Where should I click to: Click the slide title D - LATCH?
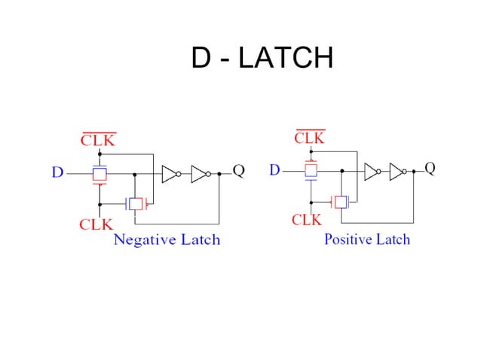pos(262,58)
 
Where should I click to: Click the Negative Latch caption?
pos(167,240)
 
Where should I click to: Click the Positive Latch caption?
pos(367,239)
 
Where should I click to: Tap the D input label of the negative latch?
pos(57,173)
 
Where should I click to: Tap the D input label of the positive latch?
pos(275,170)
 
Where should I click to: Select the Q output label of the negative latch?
pos(238,171)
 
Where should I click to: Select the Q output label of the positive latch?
pos(430,168)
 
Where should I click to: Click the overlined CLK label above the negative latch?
pos(99,140)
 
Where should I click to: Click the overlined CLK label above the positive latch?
pos(309,138)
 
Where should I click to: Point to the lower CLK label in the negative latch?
pos(96,224)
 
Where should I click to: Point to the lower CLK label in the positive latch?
pos(306,220)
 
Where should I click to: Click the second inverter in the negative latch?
pos(201,174)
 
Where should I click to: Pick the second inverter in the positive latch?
pos(398,171)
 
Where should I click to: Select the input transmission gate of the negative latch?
pos(99,174)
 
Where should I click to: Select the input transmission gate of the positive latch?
pos(310,171)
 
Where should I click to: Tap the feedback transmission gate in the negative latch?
pos(136,204)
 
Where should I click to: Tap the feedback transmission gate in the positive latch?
pos(342,201)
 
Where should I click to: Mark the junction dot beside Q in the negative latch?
pos(219,174)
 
